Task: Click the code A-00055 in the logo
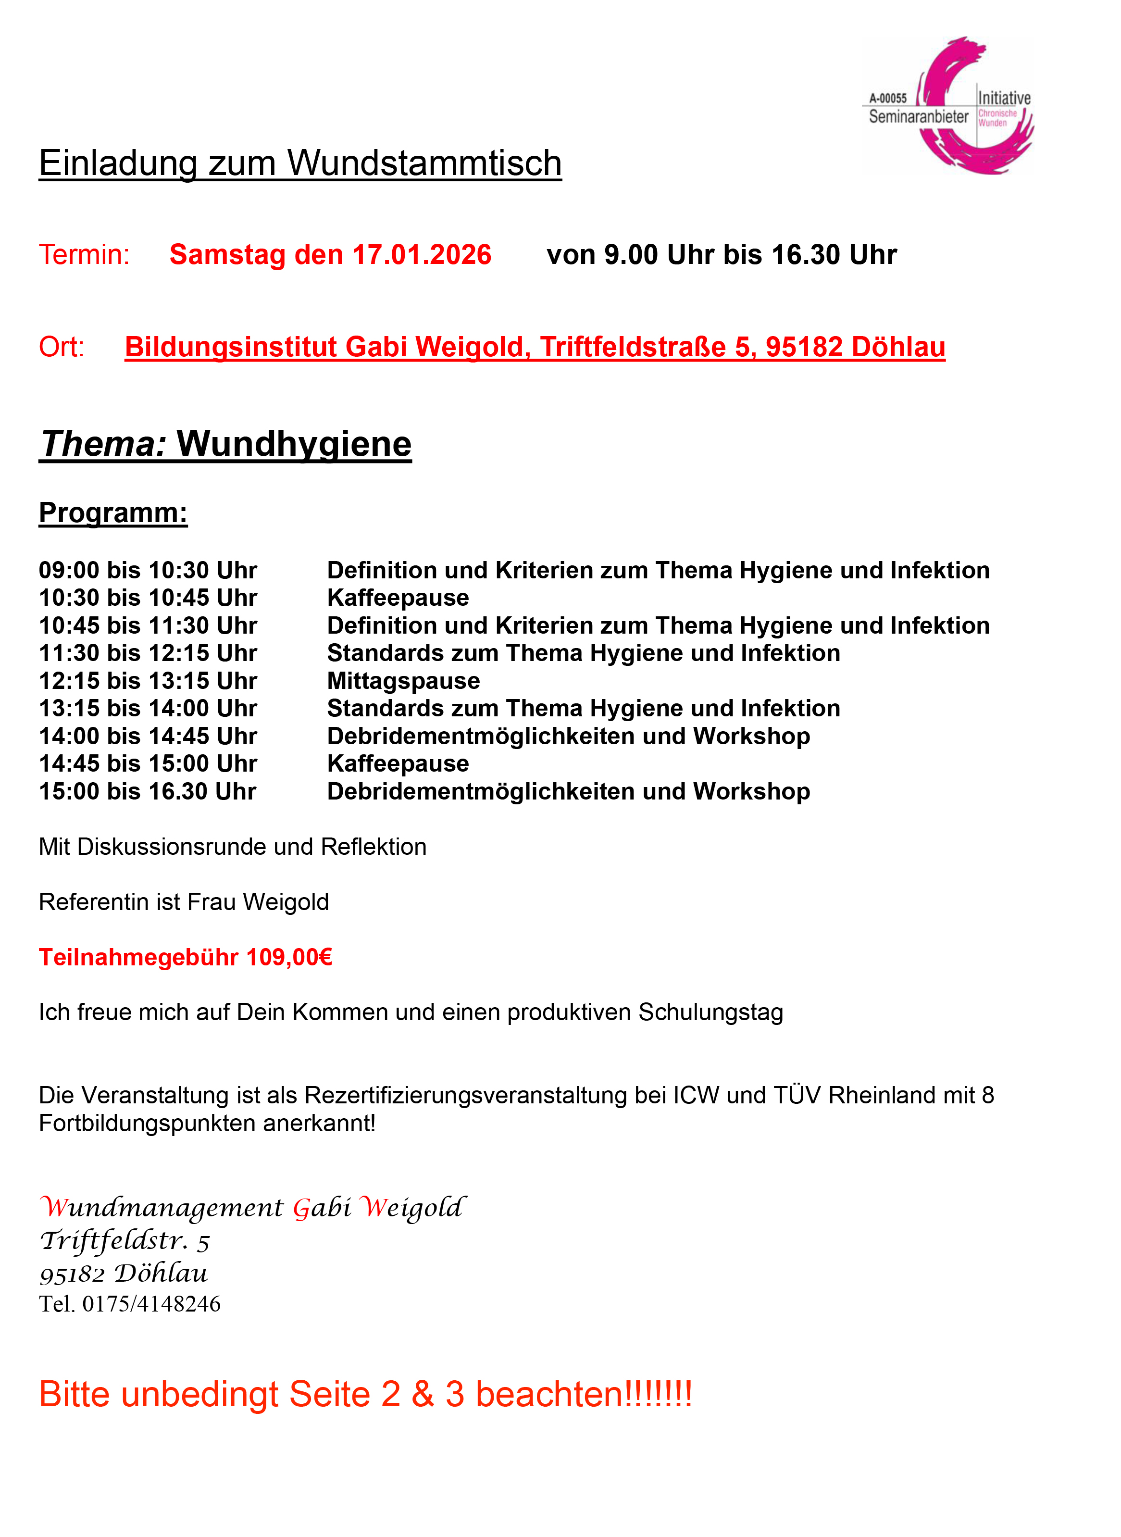(x=887, y=99)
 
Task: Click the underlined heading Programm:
(x=112, y=513)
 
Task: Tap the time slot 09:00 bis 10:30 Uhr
(x=148, y=571)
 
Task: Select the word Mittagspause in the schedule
(x=403, y=681)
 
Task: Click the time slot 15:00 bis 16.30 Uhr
(x=148, y=792)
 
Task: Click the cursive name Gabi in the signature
(x=322, y=1208)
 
